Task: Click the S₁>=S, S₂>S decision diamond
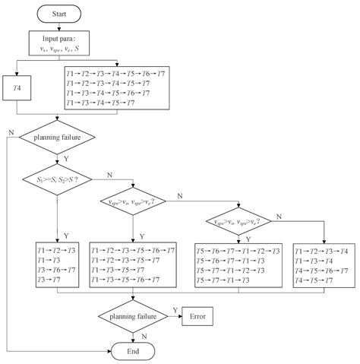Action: [57, 180]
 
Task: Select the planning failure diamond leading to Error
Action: [133, 315]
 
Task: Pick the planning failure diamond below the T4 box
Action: [57, 138]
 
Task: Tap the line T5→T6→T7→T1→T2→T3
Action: [237, 251]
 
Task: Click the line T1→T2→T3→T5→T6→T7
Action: [131, 251]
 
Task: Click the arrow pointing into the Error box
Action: [175, 315]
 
